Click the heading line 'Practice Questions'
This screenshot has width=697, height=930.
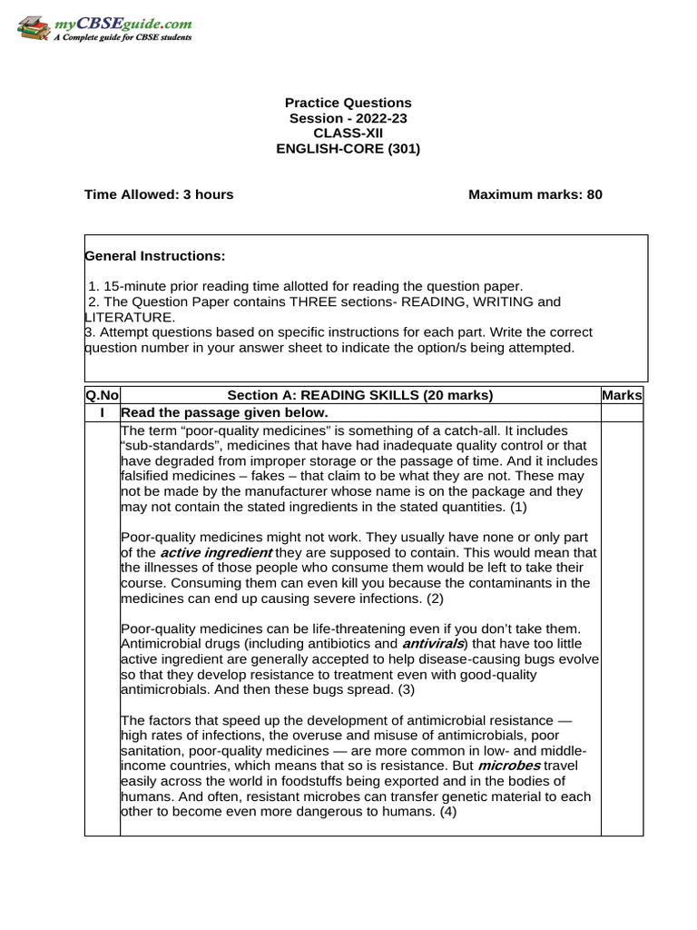[348, 103]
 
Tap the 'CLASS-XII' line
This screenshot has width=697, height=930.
[348, 134]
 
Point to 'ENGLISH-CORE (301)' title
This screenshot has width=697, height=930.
[348, 149]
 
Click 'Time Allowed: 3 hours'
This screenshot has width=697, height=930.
[159, 194]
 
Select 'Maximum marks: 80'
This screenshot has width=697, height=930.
[535, 194]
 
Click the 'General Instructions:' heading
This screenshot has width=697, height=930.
[155, 256]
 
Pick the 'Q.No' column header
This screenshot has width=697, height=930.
[102, 395]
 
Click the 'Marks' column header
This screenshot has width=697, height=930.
[622, 395]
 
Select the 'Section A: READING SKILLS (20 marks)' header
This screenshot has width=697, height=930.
[360, 395]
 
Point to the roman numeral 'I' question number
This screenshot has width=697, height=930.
[102, 412]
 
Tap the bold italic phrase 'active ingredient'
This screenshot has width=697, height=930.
[216, 552]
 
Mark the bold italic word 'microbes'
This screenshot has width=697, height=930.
[509, 767]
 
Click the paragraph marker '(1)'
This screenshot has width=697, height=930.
[517, 506]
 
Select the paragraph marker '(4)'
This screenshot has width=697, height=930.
[448, 812]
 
